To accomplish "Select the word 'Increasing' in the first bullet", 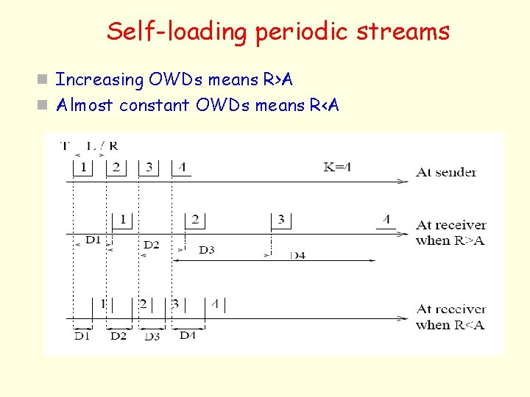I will (100, 79).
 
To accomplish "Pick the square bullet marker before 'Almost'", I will (44, 105).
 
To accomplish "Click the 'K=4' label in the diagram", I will (337, 167).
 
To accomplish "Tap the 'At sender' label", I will (446, 172).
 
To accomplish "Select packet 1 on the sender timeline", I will (83, 168).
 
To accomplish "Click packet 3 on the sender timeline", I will (149, 168).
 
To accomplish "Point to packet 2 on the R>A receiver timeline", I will (195, 219).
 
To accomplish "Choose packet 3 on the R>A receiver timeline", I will (280, 219).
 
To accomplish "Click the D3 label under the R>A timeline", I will (207, 250).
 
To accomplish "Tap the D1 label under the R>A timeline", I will (93, 240).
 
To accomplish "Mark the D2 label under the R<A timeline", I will (119, 336).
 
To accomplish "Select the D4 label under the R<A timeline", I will (188, 335).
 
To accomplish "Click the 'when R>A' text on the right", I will (450, 240).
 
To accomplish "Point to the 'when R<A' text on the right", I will (450, 325).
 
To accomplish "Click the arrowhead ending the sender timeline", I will (402, 181).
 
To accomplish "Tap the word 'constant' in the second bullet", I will (155, 105).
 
